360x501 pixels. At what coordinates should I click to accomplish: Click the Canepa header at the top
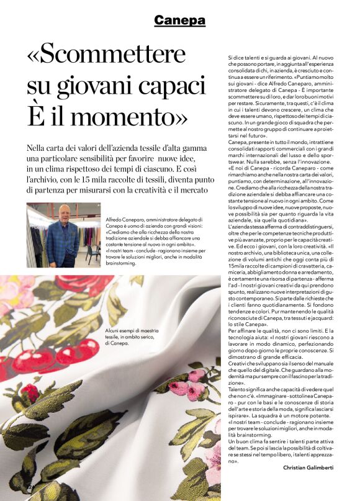179,20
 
